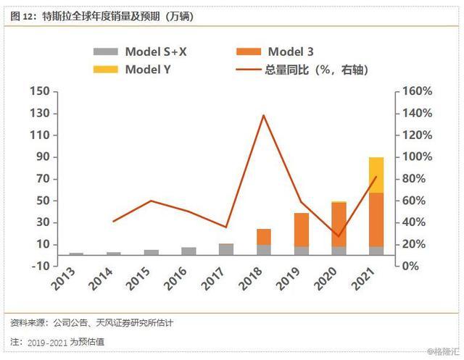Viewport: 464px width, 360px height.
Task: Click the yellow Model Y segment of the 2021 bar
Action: coord(376,175)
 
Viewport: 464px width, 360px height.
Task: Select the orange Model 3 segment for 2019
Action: coord(301,230)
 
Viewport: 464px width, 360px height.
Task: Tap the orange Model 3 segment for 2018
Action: coord(263,237)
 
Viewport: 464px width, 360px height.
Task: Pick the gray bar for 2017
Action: coord(226,249)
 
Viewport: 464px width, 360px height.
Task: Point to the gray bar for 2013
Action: coord(76,254)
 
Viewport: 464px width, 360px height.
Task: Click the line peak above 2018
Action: coord(263,115)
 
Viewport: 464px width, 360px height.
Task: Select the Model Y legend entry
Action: coord(138,70)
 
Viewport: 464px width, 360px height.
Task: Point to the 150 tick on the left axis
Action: coord(41,92)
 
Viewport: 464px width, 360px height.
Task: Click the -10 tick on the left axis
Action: coord(41,266)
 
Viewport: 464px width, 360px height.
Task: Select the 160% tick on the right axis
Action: coord(418,92)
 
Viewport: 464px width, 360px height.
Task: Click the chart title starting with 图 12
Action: coord(101,14)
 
